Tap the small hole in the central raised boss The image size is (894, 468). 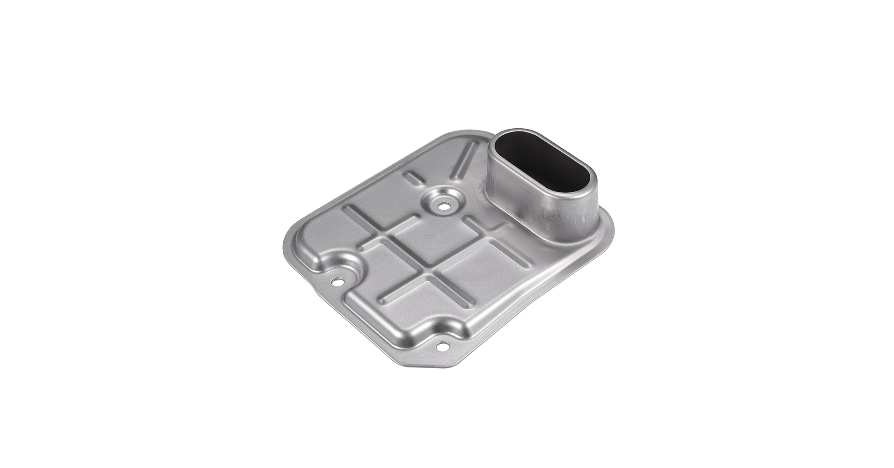tap(441, 204)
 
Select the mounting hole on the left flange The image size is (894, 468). tap(336, 282)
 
